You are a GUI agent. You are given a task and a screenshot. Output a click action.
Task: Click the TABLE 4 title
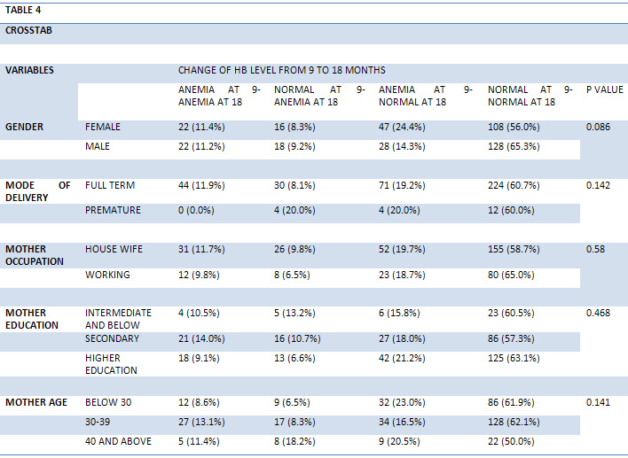pos(23,10)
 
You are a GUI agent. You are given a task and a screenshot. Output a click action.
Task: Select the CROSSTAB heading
pos(28,30)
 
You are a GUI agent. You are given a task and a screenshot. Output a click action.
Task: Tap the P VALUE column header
pos(605,89)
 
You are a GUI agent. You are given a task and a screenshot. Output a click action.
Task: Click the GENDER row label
pos(24,127)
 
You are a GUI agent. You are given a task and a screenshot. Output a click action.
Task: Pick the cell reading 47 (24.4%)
pos(402,128)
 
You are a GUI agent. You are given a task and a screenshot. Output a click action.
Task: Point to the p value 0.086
pos(598,127)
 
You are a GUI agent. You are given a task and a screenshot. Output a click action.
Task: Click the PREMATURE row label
pos(113,210)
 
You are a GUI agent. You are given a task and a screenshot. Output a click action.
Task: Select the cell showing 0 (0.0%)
pos(196,211)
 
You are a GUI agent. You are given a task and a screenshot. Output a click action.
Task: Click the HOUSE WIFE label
pos(114,249)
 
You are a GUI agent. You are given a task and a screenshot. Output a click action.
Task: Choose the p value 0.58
pos(595,249)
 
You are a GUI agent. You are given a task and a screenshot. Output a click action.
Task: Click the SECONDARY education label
pos(112,338)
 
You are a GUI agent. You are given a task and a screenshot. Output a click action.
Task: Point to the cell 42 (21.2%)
pos(402,358)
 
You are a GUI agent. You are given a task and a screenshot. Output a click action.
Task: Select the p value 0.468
pos(598,313)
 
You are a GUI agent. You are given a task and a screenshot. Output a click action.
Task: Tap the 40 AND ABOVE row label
pos(118,441)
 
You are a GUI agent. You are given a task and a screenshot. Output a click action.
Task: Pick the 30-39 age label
pos(98,422)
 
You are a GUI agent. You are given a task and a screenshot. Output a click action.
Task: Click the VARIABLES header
pos(29,70)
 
